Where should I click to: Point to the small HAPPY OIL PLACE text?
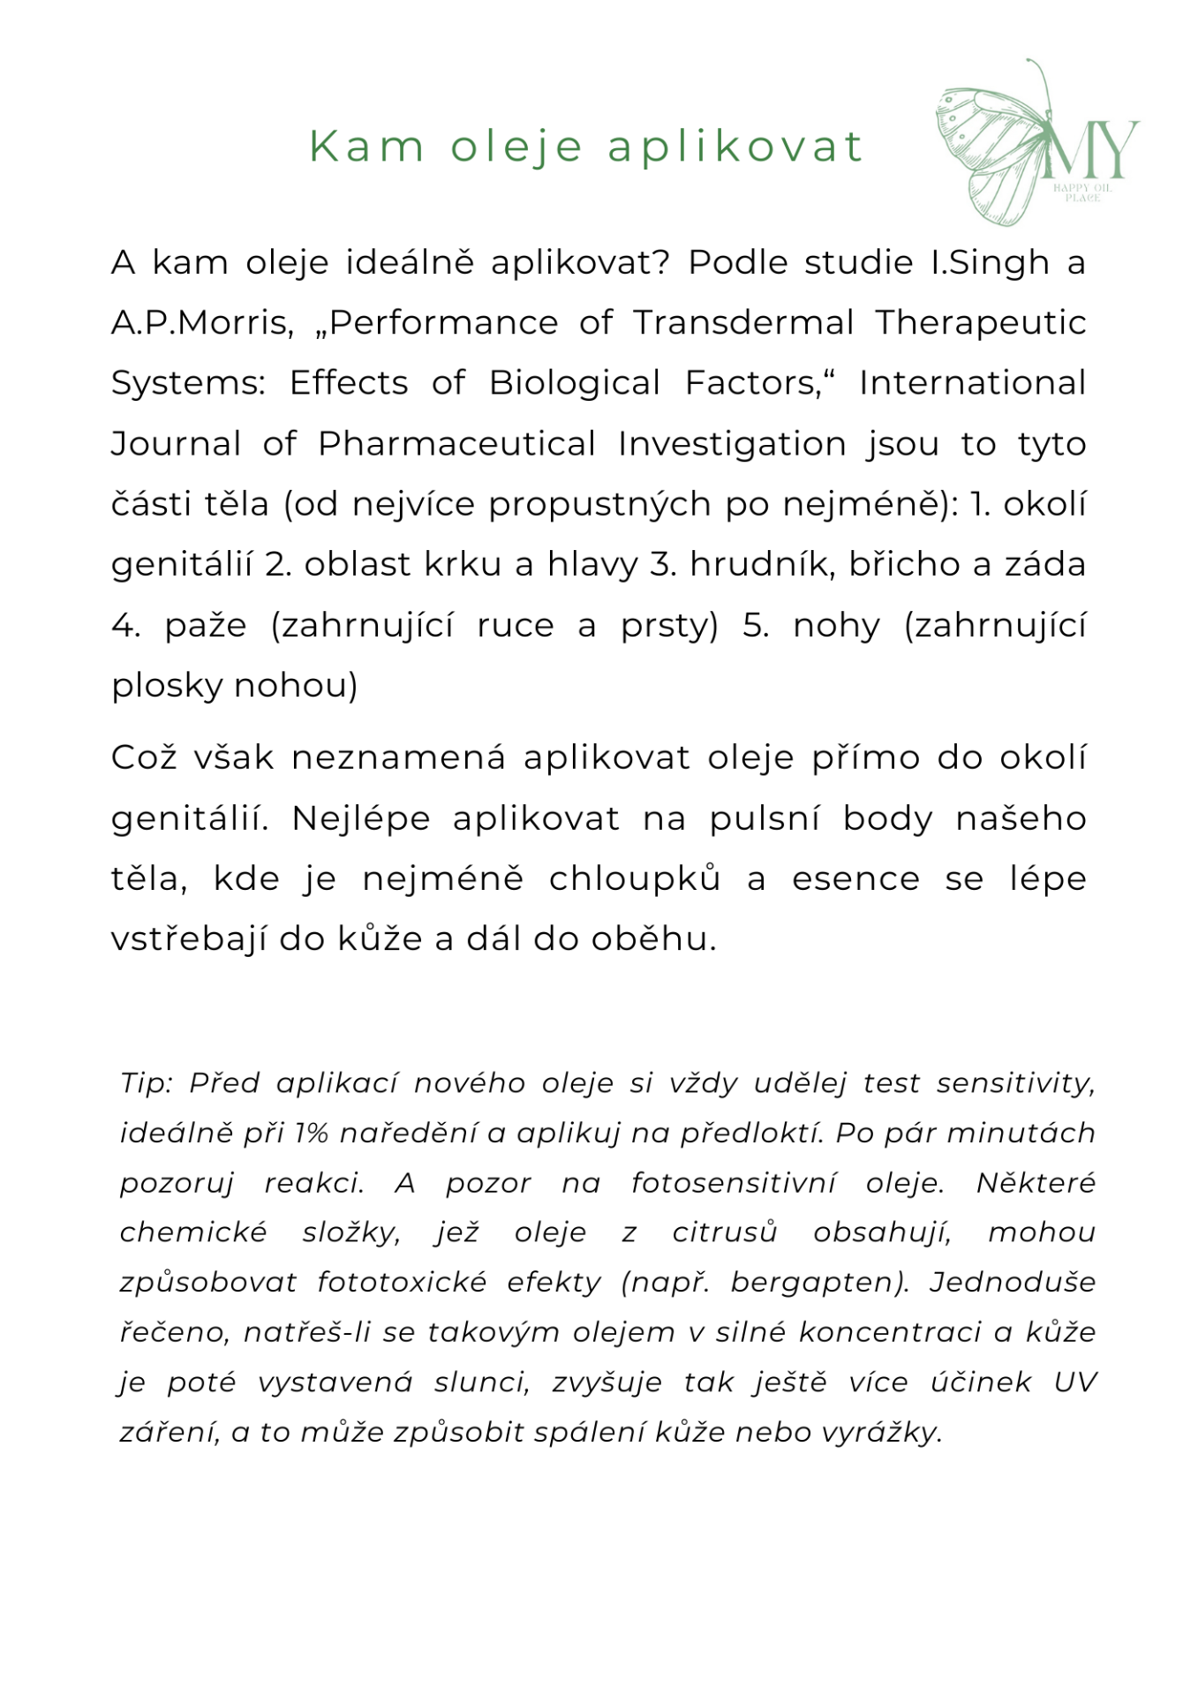click(x=1082, y=192)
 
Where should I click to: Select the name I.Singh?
click(x=990, y=263)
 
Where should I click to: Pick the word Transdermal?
click(x=743, y=323)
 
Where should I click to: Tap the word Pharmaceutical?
click(x=456, y=444)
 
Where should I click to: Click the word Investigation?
click(x=732, y=444)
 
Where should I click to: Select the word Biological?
click(x=575, y=383)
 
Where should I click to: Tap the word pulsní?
click(x=765, y=818)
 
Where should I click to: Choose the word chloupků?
click(x=635, y=879)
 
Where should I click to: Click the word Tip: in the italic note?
click(x=147, y=1083)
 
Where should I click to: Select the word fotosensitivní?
click(x=732, y=1183)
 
